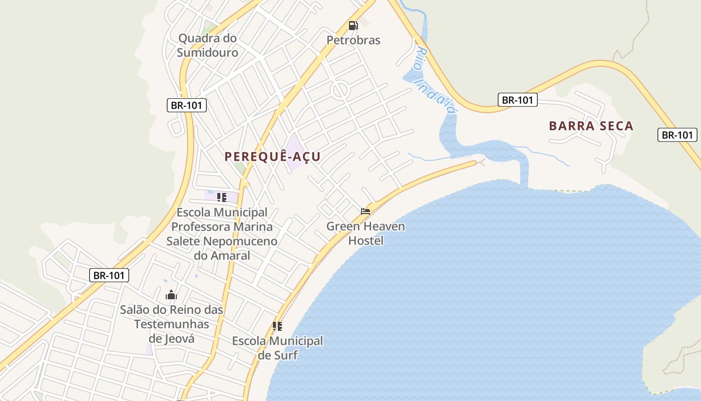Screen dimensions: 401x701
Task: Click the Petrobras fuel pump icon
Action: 353,26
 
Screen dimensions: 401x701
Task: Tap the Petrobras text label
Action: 354,40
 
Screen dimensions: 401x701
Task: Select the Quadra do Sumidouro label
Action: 207,45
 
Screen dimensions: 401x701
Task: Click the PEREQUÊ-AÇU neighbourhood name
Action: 272,157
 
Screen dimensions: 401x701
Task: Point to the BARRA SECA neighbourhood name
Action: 591,126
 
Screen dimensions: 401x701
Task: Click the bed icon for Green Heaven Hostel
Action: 366,212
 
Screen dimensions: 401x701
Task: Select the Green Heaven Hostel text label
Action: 366,234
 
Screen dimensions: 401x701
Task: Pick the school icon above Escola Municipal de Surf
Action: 277,326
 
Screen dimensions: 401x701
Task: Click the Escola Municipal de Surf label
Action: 277,348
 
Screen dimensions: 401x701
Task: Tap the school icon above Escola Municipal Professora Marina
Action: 222,197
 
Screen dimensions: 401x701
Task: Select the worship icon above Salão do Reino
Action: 171,295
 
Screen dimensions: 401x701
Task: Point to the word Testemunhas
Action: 171,324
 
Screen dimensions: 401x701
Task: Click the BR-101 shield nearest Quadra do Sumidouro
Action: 186,105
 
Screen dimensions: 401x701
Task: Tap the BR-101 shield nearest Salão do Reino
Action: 109,275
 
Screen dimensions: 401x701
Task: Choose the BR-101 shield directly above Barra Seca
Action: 518,100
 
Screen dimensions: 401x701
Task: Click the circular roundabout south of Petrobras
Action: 339,91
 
